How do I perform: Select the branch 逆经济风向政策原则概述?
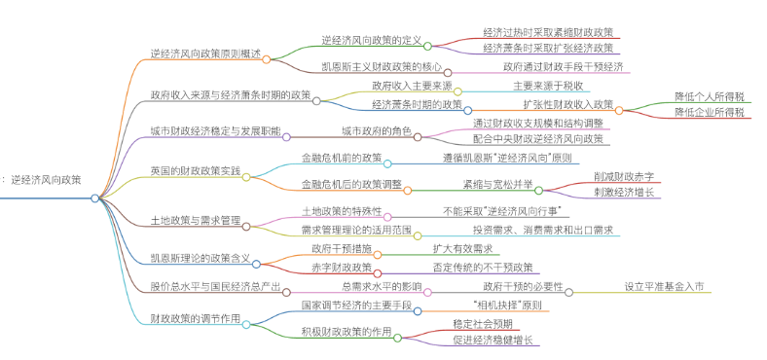tap(205, 54)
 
